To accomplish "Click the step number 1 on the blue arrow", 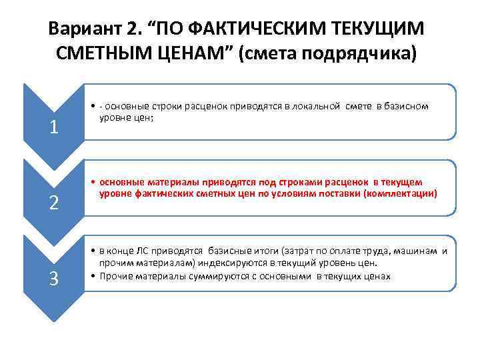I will (x=54, y=126).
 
